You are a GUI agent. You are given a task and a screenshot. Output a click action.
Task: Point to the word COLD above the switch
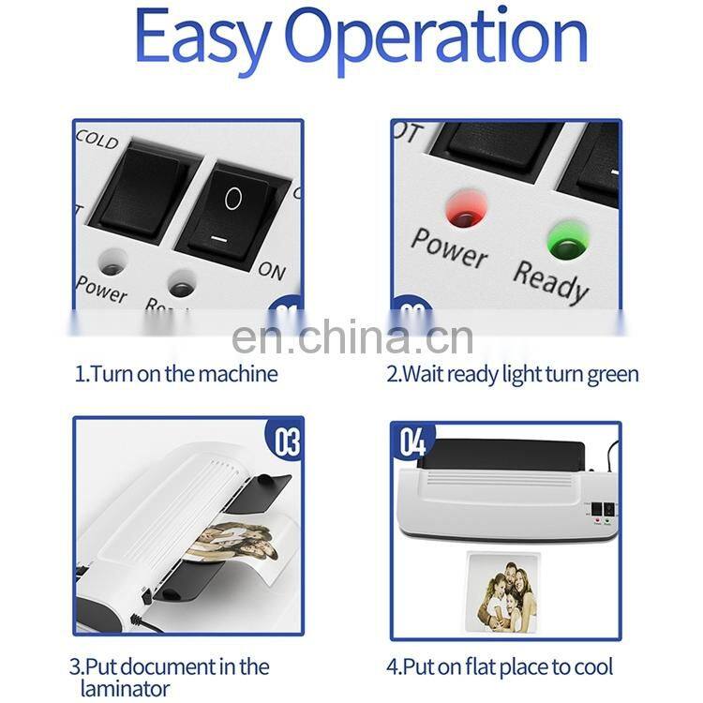[x=97, y=140]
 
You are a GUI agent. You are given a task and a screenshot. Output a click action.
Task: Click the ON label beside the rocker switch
[x=272, y=271]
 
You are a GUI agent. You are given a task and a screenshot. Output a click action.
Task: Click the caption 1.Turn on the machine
[x=176, y=374]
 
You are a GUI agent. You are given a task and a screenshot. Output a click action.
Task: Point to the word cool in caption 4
[x=591, y=667]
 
